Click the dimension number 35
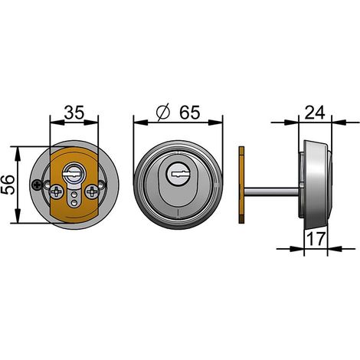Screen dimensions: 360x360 pos(74,113)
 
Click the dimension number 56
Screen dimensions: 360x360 pos(8,185)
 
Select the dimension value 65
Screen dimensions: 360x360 pos(189,112)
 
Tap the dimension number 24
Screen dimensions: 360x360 pos(315,113)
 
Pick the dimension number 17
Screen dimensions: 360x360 pos(316,239)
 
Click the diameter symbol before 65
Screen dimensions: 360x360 pos(163,113)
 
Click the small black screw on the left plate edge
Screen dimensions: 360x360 pos(38,185)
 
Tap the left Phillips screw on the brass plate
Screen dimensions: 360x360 pos(57,191)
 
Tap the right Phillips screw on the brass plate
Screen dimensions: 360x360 pos(92,191)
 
